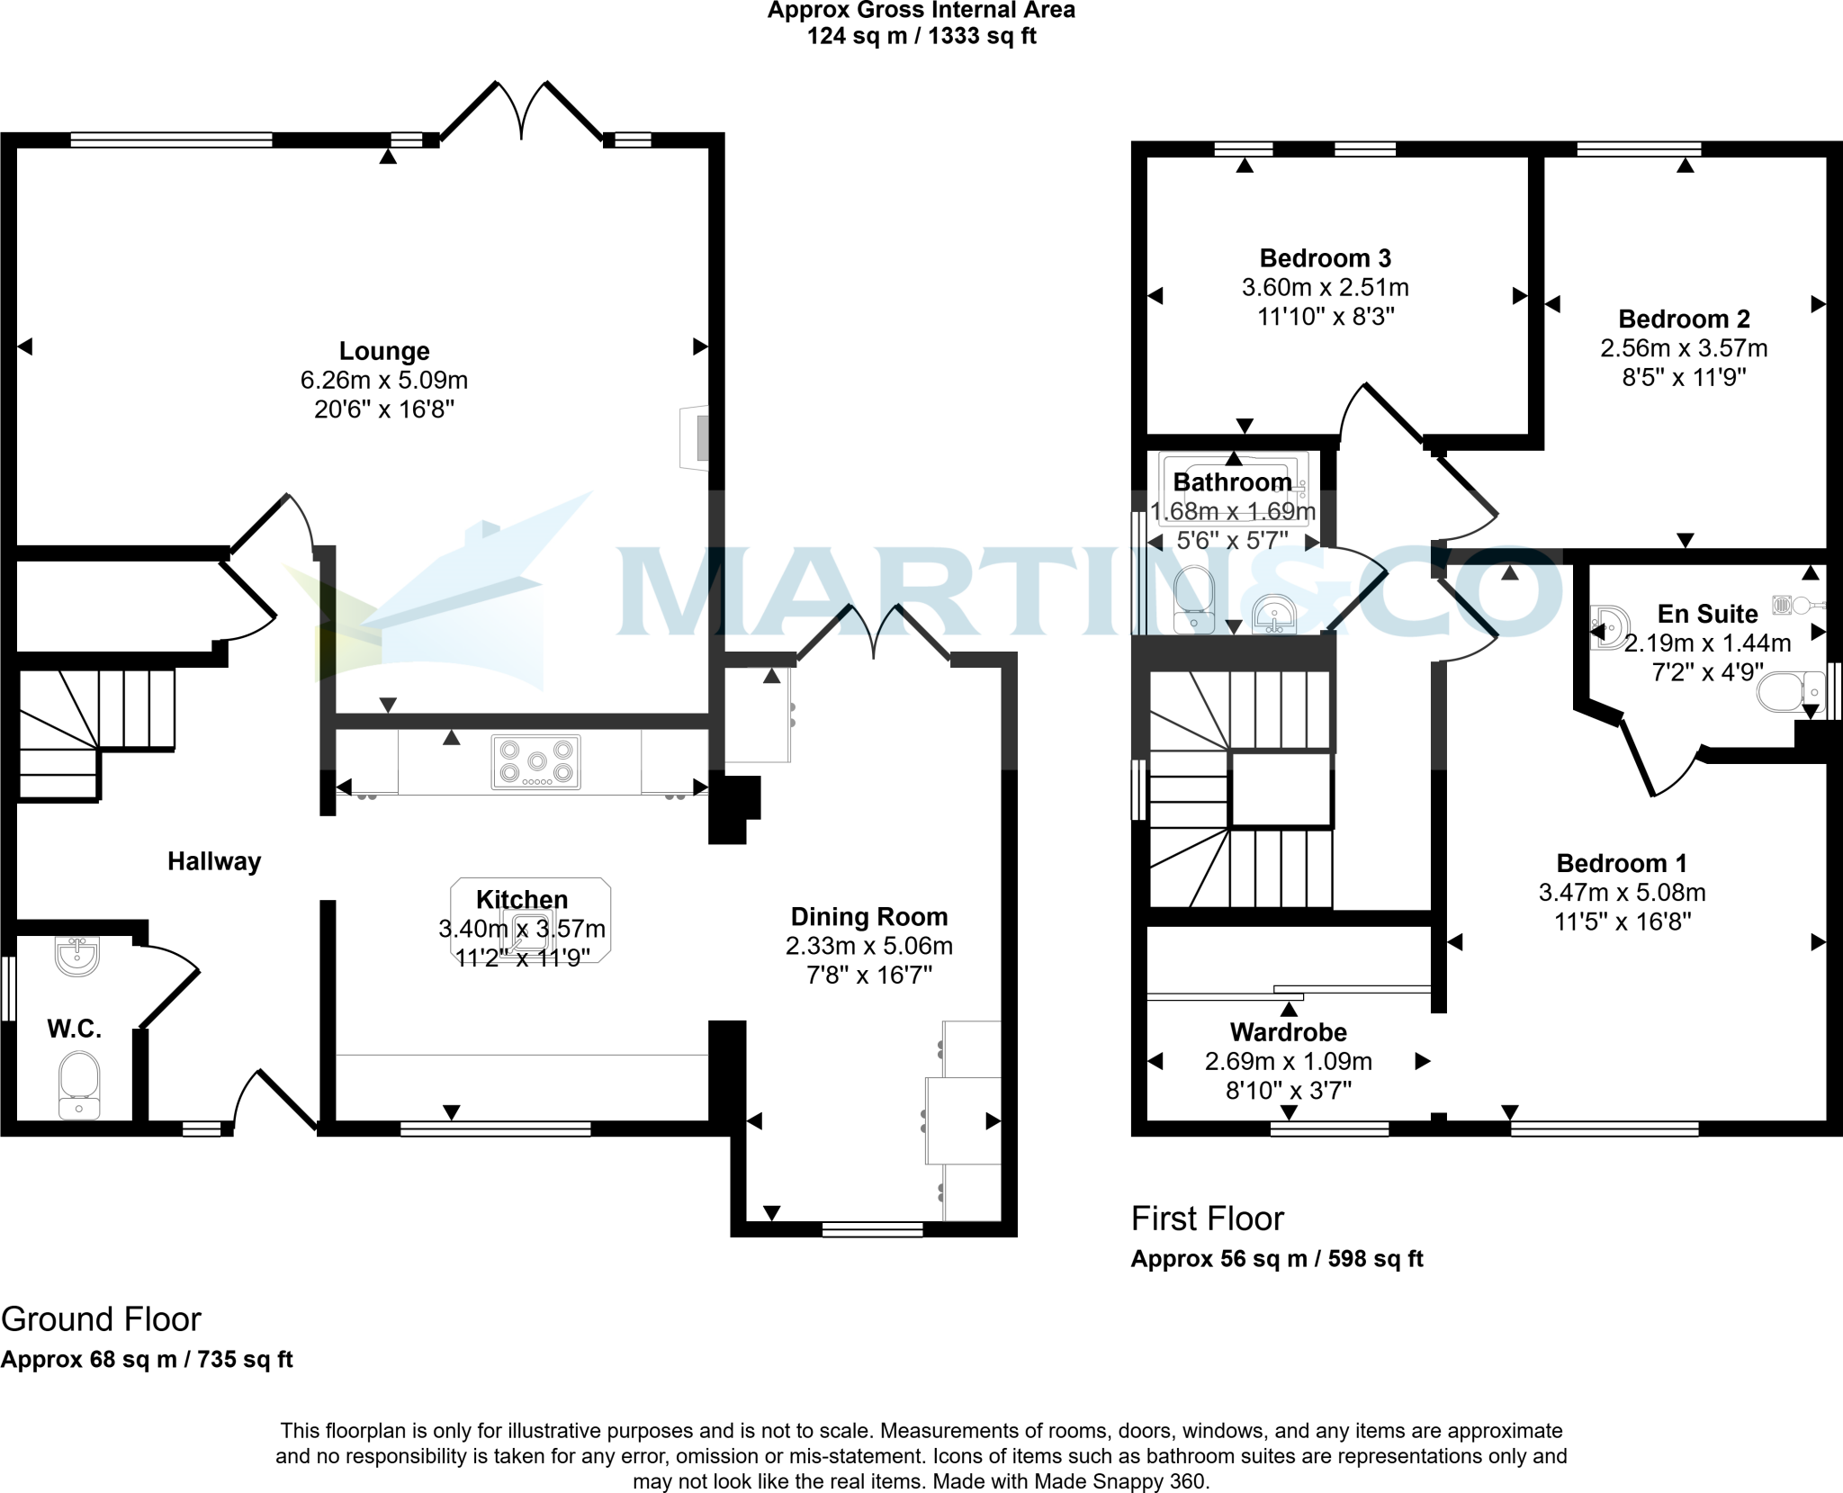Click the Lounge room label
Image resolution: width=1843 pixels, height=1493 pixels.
[x=384, y=351]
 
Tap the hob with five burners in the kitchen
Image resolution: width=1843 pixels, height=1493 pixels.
[x=536, y=762]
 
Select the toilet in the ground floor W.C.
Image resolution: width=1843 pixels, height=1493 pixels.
[x=79, y=1084]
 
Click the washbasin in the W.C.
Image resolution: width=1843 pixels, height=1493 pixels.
[x=76, y=956]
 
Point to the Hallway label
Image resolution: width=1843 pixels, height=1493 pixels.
[x=214, y=861]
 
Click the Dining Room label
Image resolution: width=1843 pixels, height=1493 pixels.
[x=869, y=917]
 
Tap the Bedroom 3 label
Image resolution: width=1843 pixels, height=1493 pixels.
[x=1326, y=258]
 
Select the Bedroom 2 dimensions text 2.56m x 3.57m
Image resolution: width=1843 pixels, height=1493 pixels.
[x=1684, y=348]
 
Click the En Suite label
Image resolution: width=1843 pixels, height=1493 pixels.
[x=1707, y=614]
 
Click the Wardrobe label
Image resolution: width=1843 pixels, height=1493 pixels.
[x=1289, y=1032]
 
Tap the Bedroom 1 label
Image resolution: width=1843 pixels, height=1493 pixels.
[x=1622, y=863]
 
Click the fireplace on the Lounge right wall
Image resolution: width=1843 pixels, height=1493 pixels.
[x=696, y=438]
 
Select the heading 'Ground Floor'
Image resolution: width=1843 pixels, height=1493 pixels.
[x=101, y=1319]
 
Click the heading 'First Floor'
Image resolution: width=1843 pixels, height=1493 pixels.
[x=1208, y=1219]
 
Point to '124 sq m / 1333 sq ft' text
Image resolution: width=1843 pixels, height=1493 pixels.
[x=921, y=37]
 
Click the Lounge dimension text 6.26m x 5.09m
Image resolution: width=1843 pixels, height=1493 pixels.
[x=384, y=381]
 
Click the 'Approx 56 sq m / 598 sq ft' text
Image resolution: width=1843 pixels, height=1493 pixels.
[x=1277, y=1259]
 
